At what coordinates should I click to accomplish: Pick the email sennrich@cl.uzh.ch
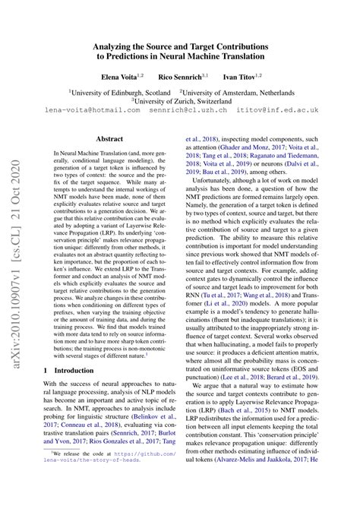[x=179, y=110]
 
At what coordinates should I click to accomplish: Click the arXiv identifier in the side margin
[x=14, y=319]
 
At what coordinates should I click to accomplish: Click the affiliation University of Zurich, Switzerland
[x=180, y=99]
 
